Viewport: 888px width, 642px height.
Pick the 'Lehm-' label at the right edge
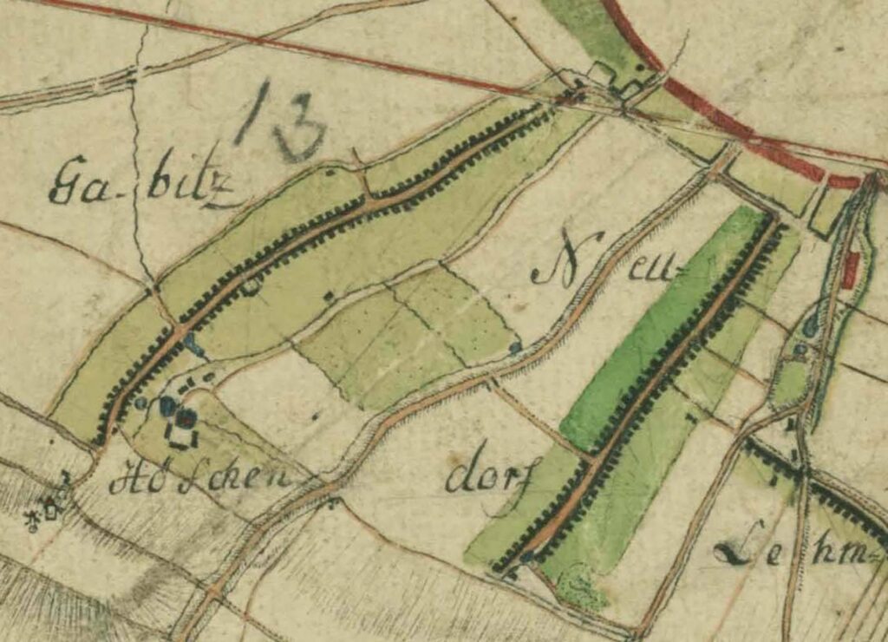789,551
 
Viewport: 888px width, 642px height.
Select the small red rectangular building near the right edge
849,270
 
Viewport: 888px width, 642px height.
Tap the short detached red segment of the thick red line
843,182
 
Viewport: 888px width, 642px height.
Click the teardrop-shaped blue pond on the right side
810,325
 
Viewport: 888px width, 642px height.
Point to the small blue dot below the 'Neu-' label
515,347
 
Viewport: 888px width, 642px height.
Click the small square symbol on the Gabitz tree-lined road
251,285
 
